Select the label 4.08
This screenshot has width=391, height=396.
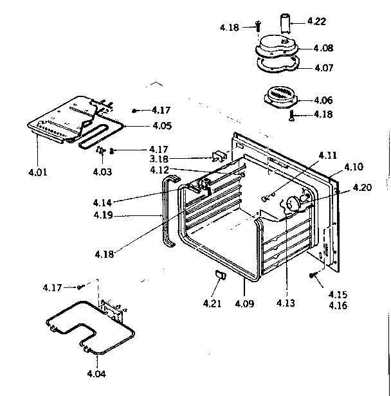(x=323, y=48)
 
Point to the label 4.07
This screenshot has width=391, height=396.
(x=323, y=67)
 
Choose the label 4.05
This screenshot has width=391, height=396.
(x=161, y=125)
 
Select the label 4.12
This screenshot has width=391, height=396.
(x=160, y=170)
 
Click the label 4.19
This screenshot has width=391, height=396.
(x=102, y=215)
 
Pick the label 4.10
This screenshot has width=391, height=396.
(x=353, y=167)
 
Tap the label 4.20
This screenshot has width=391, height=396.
(x=361, y=188)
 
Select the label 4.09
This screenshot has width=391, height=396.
(x=245, y=303)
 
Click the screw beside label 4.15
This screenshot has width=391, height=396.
(x=313, y=275)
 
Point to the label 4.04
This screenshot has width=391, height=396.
(x=97, y=374)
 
